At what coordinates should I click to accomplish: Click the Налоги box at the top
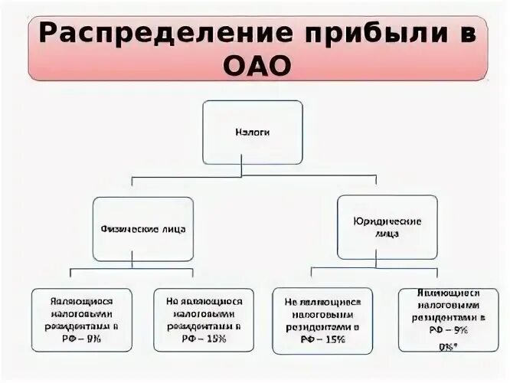click(253, 132)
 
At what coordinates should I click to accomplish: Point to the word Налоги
click(253, 132)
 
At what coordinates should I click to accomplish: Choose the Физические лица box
click(143, 228)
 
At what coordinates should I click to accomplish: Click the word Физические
click(128, 228)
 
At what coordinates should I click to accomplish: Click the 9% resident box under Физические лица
click(82, 319)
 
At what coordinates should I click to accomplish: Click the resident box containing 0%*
click(449, 319)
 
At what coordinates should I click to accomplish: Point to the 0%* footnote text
click(449, 346)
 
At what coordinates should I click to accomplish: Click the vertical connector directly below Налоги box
click(242, 170)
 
